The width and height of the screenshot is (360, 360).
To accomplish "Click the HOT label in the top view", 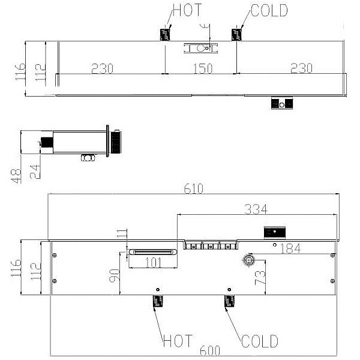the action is [187, 10].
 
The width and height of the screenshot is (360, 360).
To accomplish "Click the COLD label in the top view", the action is [269, 11].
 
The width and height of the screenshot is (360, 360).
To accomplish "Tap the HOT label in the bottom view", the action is [178, 341].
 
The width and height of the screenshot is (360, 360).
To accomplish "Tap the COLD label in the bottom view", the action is [260, 341].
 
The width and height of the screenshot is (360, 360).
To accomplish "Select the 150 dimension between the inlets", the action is [203, 68].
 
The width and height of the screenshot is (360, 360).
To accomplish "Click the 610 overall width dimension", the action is [194, 189].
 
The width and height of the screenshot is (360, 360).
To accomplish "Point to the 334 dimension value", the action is [256, 209].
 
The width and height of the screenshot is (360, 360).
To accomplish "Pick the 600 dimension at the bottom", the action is [210, 351].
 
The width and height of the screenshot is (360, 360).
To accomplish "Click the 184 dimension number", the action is [290, 248].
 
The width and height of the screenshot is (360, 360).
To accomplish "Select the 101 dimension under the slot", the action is [154, 263].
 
